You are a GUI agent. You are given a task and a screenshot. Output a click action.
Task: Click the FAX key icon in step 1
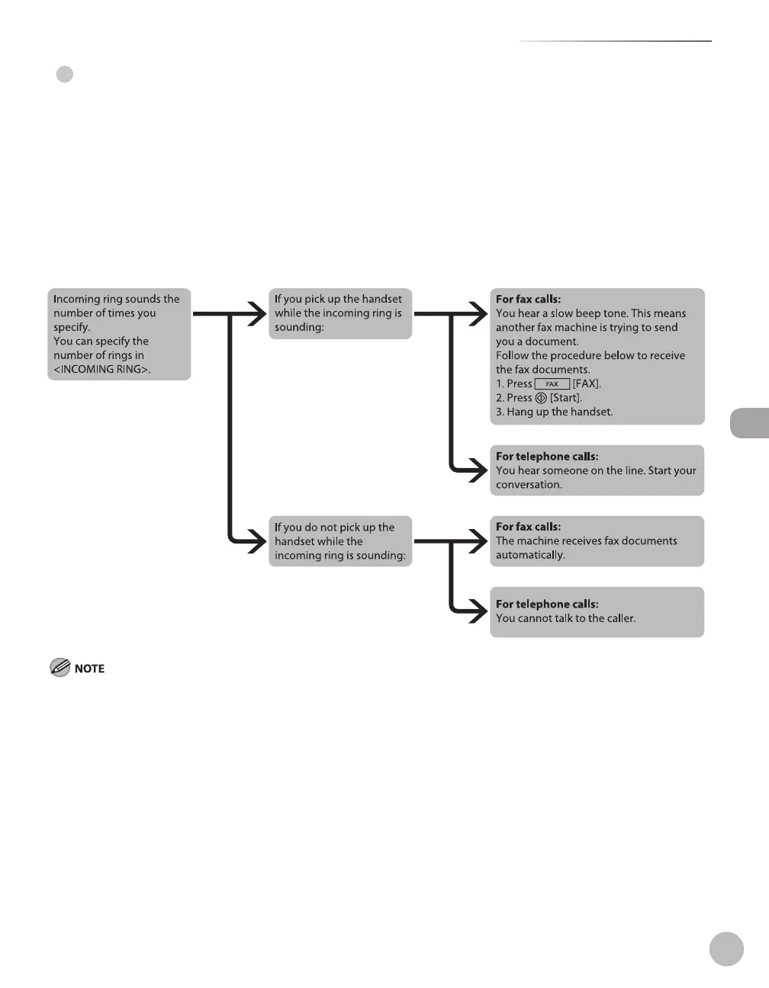point(552,384)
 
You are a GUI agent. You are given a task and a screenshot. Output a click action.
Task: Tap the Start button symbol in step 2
point(541,398)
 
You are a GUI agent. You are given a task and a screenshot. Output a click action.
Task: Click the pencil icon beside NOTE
point(60,668)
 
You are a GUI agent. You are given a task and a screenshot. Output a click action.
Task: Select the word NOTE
point(89,669)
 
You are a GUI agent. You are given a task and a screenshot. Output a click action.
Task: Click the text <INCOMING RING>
point(101,370)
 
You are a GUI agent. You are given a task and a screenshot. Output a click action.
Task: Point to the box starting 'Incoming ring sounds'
point(119,334)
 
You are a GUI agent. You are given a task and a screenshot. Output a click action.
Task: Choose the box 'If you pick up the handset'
point(339,313)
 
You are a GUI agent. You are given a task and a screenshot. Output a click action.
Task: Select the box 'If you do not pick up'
point(339,541)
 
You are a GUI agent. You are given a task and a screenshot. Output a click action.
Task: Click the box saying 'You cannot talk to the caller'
point(597,611)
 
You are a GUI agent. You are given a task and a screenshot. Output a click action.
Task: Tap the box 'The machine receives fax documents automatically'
point(597,541)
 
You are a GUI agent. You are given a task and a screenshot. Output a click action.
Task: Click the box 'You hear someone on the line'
point(597,470)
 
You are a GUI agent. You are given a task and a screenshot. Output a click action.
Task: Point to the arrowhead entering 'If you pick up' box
point(256,313)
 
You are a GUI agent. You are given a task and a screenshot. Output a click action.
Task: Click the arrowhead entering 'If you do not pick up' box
point(256,541)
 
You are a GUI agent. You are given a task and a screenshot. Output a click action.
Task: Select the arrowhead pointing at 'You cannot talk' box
point(478,611)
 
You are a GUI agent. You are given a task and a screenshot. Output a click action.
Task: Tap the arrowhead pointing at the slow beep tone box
point(478,313)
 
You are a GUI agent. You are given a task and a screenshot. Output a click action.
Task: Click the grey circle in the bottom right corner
point(726,948)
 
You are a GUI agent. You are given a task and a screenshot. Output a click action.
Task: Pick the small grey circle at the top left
point(65,75)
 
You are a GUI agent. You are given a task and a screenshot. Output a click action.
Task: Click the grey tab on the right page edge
point(750,423)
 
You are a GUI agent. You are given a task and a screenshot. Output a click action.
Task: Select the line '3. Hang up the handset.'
point(555,412)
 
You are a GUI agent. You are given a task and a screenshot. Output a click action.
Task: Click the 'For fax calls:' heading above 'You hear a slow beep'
point(528,300)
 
